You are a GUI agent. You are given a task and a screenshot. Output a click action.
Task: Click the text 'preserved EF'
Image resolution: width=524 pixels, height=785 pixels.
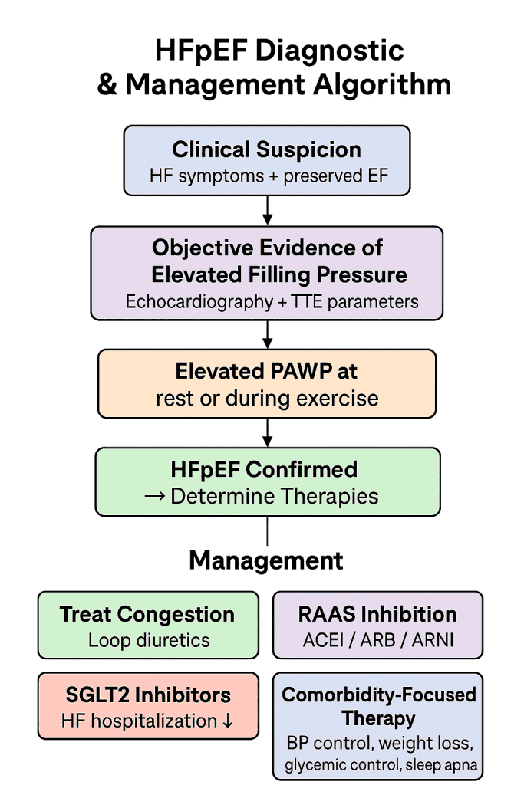(336, 176)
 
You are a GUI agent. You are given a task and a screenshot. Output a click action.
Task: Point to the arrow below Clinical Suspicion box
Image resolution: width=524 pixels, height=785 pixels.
(266, 209)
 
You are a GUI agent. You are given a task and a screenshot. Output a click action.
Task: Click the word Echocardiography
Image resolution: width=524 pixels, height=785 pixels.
(198, 301)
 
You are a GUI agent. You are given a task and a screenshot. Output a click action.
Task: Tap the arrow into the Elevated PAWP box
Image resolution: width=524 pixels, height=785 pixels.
(266, 334)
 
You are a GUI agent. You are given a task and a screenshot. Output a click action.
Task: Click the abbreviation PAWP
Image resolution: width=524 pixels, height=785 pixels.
(302, 371)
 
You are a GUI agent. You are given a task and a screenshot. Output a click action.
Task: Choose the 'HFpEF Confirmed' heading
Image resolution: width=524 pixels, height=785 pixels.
(265, 469)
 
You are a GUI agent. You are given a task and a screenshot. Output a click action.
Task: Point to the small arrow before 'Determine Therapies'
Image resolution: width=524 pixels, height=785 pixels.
(156, 496)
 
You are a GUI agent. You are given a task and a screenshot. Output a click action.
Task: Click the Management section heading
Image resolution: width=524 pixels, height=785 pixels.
(266, 560)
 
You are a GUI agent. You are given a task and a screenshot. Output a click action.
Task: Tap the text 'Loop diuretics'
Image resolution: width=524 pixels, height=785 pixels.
(149, 640)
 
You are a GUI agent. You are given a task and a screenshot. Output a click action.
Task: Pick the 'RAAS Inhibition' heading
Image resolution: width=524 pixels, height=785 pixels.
(377, 614)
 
